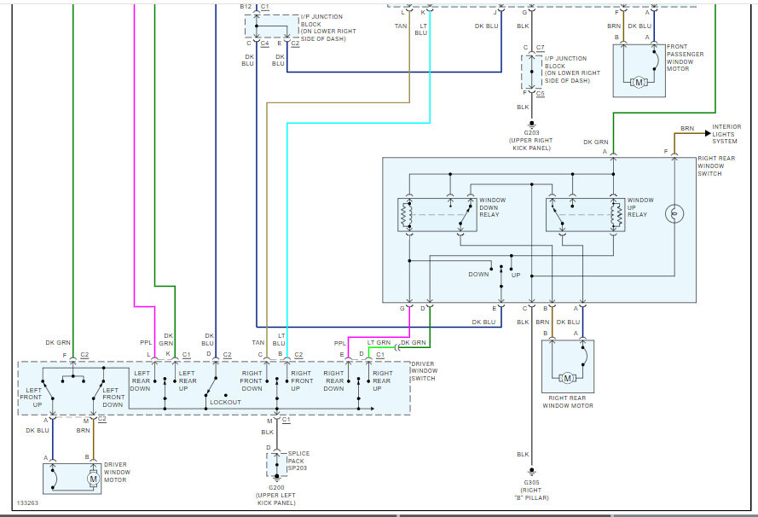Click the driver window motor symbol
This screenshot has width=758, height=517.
93,479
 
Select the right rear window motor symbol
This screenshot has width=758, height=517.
568,377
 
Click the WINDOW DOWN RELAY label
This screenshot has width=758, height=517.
492,206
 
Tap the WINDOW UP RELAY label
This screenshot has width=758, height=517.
640,206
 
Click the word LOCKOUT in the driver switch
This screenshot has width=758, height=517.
225,402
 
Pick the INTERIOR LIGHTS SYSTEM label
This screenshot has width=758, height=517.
726,134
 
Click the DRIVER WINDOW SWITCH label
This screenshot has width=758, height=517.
434,371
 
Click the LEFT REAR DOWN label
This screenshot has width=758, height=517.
141,380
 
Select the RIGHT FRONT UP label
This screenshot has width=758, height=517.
301,380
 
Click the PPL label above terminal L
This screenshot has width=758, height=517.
146,344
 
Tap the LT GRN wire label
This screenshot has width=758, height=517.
379,343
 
